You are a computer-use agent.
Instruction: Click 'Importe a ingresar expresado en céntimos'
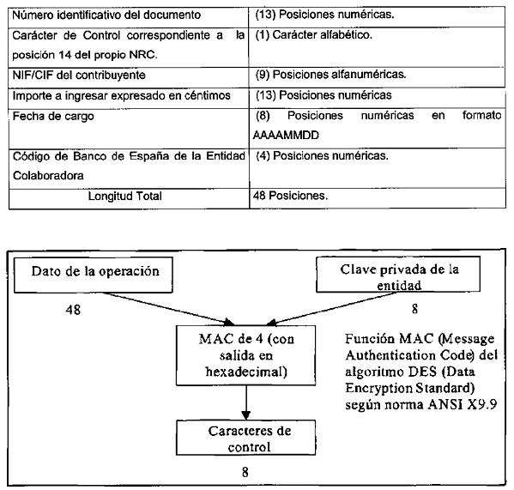pyautogui.click(x=121, y=96)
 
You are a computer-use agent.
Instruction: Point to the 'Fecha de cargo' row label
pyautogui.click(x=53, y=116)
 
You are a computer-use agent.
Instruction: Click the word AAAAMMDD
pyautogui.click(x=286, y=135)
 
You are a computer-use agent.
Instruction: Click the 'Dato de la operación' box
pyautogui.click(x=93, y=275)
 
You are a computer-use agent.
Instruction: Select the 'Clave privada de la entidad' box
pyautogui.click(x=398, y=275)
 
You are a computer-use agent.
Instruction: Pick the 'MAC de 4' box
pyautogui.click(x=246, y=355)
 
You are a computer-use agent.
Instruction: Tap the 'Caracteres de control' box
pyautogui.click(x=246, y=438)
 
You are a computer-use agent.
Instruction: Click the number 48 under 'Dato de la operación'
pyautogui.click(x=73, y=310)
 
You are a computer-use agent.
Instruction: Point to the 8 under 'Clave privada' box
pyautogui.click(x=414, y=309)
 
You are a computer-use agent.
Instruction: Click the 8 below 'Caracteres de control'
pyautogui.click(x=245, y=472)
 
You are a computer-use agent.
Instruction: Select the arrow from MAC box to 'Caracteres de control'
pyautogui.click(x=246, y=402)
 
